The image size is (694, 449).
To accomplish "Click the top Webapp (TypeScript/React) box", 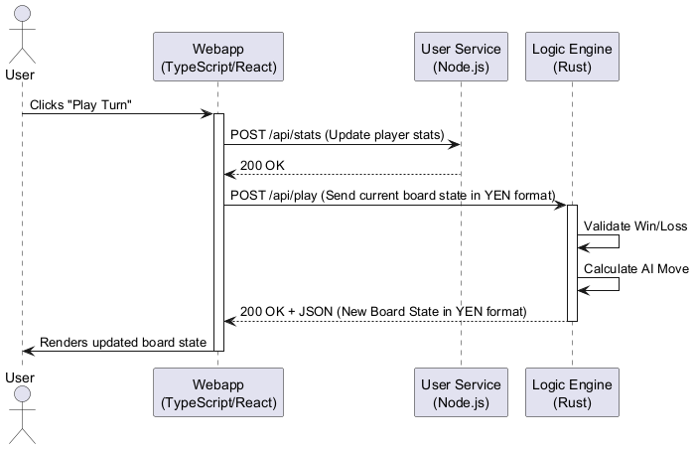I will pyautogui.click(x=218, y=58).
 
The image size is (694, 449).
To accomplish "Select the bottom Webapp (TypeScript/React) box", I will pyautogui.click(x=218, y=394).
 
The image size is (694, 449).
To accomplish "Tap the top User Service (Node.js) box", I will pyautogui.click(x=461, y=58).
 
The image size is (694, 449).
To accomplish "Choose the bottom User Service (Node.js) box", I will pyautogui.click(x=461, y=394).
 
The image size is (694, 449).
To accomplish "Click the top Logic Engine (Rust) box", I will pyautogui.click(x=572, y=58).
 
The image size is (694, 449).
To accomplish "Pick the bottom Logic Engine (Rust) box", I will pyautogui.click(x=572, y=394).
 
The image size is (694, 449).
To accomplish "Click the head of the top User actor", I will pyautogui.click(x=21, y=12).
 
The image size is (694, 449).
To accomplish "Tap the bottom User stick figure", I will pyautogui.click(x=21, y=417).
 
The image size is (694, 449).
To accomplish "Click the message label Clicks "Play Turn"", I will pyautogui.click(x=80, y=104).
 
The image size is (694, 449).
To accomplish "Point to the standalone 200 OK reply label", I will pyautogui.click(x=263, y=165).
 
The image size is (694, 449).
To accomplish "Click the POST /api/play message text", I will pyautogui.click(x=392, y=196).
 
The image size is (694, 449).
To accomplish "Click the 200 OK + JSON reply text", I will pyautogui.click(x=382, y=311).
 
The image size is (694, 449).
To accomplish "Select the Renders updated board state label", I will pyautogui.click(x=123, y=342).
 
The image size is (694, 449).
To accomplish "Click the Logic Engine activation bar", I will pyautogui.click(x=572, y=263).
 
